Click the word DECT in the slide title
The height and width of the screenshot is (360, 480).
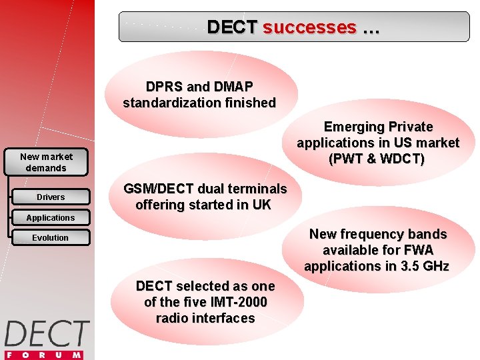[x=231, y=27]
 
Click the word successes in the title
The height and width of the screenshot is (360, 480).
[x=309, y=27]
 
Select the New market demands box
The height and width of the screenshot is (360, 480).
[x=46, y=162]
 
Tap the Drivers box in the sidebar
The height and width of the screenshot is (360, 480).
[x=51, y=197]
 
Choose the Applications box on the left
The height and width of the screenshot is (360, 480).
[x=51, y=217]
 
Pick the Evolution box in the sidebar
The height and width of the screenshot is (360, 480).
[x=51, y=237]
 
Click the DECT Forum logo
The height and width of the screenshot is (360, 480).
[x=47, y=333]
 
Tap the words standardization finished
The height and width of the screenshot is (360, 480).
[x=199, y=103]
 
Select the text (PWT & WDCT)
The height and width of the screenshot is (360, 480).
[x=378, y=159]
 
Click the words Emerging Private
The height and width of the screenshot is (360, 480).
[x=378, y=127]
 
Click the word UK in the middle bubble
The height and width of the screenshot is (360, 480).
[x=261, y=205]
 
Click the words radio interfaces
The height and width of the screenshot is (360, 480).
[x=205, y=318]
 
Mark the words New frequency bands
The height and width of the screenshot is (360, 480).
[x=378, y=234]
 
